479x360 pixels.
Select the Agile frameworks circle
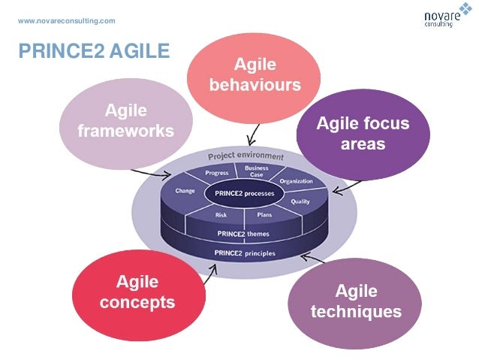coord(126,121)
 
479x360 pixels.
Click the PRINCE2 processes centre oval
coord(244,194)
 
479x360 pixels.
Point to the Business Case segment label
coord(256,171)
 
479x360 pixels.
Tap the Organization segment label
coord(296,181)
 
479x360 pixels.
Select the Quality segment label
coord(300,201)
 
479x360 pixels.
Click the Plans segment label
coord(264,216)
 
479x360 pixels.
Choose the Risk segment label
coord(221,216)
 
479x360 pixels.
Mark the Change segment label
coord(185,191)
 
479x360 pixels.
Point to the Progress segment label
coord(216,174)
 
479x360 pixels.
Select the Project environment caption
coord(246,156)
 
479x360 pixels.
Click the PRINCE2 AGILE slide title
coord(93,51)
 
